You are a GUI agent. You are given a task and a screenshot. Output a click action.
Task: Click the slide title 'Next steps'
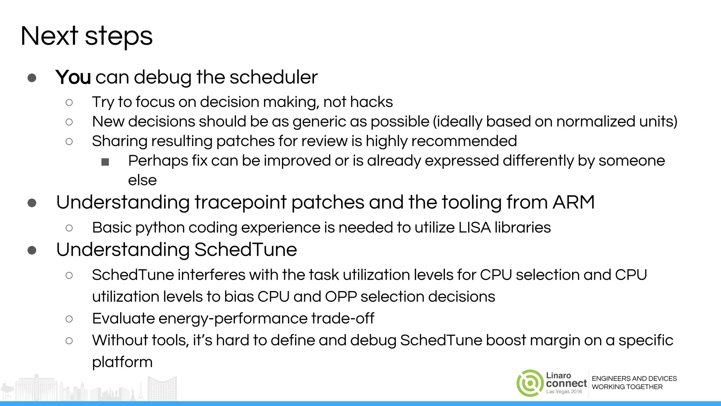pyautogui.click(x=86, y=36)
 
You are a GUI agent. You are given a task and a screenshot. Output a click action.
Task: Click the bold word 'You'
pyautogui.click(x=73, y=77)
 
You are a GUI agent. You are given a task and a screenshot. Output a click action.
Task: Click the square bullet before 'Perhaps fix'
pyautogui.click(x=105, y=162)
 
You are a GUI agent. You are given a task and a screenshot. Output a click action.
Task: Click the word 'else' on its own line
pyautogui.click(x=142, y=180)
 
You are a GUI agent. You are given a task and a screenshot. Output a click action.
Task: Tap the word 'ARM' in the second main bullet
pyautogui.click(x=573, y=202)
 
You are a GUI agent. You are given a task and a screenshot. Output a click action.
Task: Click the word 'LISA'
pyautogui.click(x=475, y=228)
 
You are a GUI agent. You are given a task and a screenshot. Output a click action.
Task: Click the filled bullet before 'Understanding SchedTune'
pyautogui.click(x=32, y=250)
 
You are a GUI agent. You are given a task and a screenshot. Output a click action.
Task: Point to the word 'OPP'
pyautogui.click(x=341, y=297)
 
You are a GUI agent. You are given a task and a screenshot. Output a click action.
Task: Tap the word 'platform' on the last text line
pyautogui.click(x=122, y=362)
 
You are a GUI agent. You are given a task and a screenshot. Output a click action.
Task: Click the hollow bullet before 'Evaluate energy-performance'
pyautogui.click(x=69, y=319)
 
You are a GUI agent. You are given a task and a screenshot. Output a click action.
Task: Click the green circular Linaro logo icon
pyautogui.click(x=529, y=383)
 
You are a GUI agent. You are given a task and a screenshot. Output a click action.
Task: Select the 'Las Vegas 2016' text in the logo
pyautogui.click(x=564, y=392)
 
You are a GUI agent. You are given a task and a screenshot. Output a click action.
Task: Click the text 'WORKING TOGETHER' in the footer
pyautogui.click(x=627, y=387)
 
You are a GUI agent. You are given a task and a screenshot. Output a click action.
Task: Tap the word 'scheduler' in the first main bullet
pyautogui.click(x=274, y=77)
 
